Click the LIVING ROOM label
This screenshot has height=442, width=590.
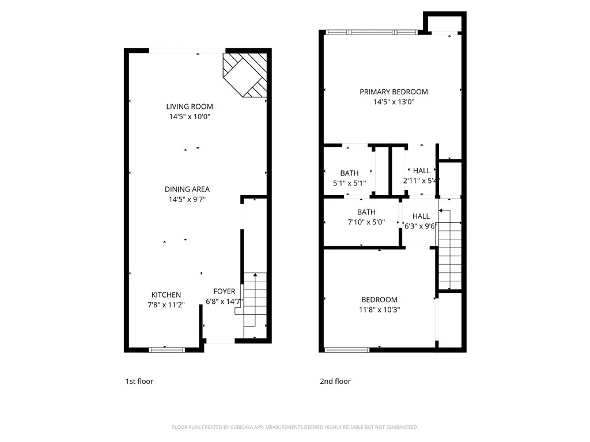click(190, 106)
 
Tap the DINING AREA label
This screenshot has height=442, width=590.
click(187, 189)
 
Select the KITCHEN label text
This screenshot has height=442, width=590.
click(166, 295)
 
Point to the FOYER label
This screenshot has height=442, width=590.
click(224, 291)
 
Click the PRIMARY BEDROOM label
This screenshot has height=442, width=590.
click(394, 92)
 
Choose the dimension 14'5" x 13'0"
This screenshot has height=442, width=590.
click(394, 102)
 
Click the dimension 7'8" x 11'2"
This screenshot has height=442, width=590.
click(166, 304)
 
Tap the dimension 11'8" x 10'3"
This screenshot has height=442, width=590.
click(379, 310)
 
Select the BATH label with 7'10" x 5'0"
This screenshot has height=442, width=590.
click(366, 212)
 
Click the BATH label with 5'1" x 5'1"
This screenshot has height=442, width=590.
click(349, 173)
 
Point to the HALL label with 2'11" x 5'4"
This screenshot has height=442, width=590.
click(421, 170)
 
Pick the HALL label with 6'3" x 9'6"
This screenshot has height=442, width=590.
click(421, 216)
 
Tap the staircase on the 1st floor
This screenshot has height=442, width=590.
click(254, 305)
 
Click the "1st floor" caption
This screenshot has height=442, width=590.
click(139, 381)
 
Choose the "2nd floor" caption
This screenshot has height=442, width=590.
click(335, 381)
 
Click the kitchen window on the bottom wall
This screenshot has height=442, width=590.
click(167, 349)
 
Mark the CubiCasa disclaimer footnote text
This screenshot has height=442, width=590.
click(295, 427)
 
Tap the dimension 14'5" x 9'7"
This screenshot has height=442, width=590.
click(187, 199)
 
